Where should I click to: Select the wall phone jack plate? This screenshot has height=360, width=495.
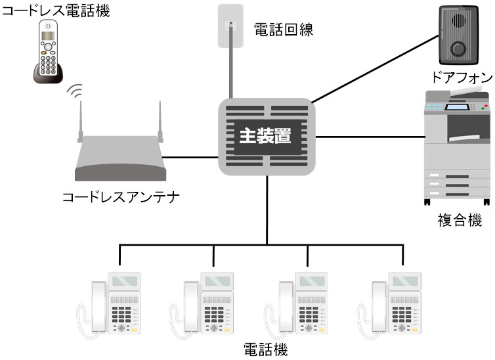(x=230, y=26)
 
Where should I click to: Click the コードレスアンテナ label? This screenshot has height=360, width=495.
(x=121, y=197)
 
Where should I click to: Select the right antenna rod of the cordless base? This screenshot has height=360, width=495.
(x=160, y=122)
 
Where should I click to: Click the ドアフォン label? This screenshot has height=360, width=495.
(x=460, y=76)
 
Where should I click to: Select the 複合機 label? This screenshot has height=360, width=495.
(x=460, y=220)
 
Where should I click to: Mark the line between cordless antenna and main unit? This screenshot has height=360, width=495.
(x=190, y=158)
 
